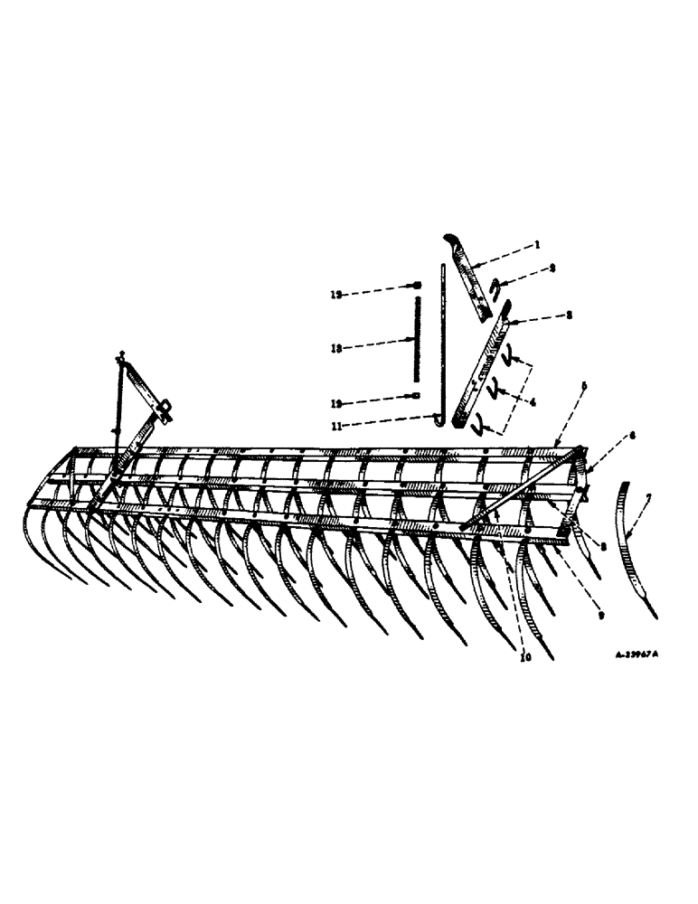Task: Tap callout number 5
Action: click(583, 386)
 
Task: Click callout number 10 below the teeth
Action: click(525, 657)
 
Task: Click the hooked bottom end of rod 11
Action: click(438, 418)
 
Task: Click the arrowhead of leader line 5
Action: click(554, 446)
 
